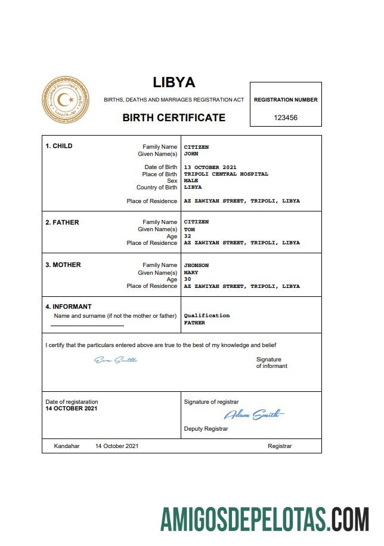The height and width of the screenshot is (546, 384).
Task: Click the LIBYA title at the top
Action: point(174,82)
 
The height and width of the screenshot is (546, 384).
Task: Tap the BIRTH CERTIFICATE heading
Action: point(174,118)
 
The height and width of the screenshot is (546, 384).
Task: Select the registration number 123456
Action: point(286,118)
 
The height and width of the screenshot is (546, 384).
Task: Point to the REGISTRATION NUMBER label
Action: point(286,100)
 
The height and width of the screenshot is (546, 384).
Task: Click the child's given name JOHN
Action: point(191,154)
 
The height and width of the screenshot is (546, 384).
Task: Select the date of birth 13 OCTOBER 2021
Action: point(210,167)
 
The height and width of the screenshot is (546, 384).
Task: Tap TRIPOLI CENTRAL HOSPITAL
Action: point(226,174)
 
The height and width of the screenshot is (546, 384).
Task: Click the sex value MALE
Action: point(191,180)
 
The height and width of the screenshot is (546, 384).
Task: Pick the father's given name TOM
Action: point(189,229)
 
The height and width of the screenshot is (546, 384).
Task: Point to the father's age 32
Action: point(187,236)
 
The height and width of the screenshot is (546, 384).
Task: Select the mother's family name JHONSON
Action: point(196,265)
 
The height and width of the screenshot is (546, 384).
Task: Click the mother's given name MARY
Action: point(191,272)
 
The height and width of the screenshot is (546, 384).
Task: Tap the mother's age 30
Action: point(187,280)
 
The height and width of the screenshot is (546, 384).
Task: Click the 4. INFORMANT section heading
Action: point(69,307)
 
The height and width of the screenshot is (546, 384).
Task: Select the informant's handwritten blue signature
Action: point(116,360)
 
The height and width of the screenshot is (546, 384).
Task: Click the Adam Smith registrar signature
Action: point(253,415)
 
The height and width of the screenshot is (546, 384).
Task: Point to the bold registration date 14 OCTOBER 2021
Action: point(71,409)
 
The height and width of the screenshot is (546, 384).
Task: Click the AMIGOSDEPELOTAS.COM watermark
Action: point(264,519)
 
